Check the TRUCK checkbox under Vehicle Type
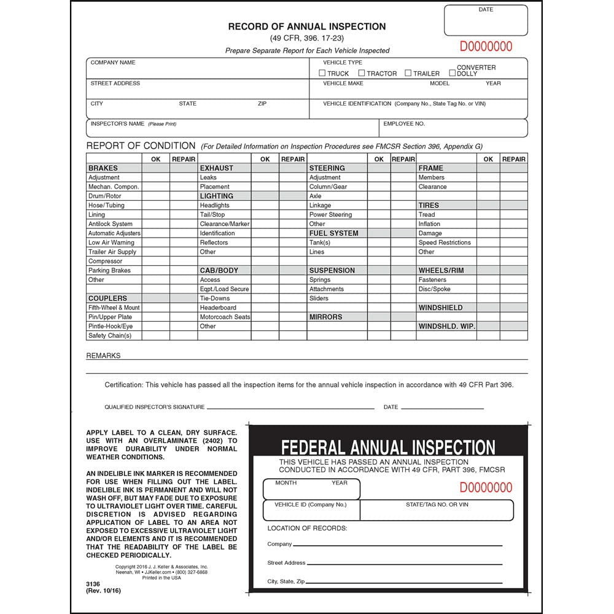(322, 73)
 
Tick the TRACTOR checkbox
(362, 73)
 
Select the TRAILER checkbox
(408, 73)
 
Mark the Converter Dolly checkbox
(453, 73)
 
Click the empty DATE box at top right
(486, 24)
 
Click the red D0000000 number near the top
(486, 47)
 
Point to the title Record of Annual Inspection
(307, 26)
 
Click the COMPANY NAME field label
(113, 63)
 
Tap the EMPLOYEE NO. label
(404, 123)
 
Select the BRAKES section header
(103, 168)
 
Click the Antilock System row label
(111, 224)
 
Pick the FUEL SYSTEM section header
(333, 233)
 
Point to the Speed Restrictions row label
(445, 243)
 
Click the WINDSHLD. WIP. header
(446, 326)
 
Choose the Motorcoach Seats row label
(225, 317)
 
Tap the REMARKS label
(103, 356)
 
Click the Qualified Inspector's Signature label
(155, 407)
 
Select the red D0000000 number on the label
(486, 488)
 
